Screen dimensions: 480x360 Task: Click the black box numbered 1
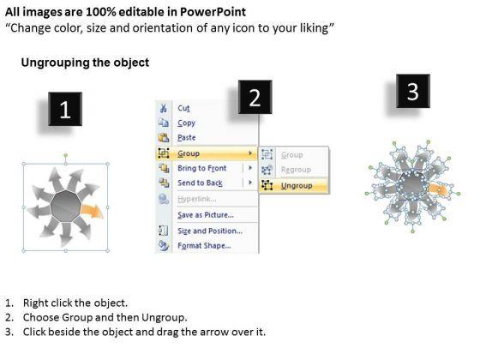(x=65, y=109)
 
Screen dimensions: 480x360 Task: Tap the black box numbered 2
(x=255, y=97)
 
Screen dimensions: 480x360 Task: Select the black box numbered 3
(x=413, y=91)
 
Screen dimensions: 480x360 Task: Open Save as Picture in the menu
(x=207, y=215)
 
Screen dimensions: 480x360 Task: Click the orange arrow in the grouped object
(x=91, y=211)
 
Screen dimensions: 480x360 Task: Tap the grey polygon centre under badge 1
(x=65, y=206)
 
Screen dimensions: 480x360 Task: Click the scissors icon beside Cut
(x=163, y=108)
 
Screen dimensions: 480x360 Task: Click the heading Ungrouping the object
(x=85, y=63)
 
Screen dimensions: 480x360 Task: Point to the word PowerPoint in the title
(x=213, y=12)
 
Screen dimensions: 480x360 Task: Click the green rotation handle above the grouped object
(x=65, y=155)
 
